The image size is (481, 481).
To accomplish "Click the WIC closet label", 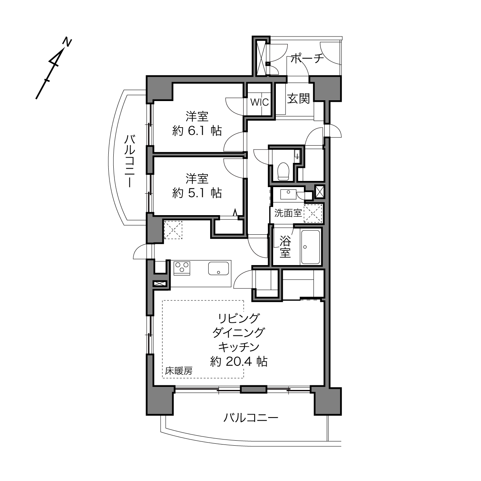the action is point(259,102).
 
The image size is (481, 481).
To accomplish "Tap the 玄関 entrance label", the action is point(299,99).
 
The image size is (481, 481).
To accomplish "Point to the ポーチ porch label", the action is point(307,58).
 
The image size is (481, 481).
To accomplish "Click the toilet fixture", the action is point(283,171).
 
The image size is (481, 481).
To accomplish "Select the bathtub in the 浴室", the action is point(310,247).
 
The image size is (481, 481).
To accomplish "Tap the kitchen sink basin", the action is point(219,268).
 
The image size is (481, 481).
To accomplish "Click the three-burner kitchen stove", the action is point(182,268).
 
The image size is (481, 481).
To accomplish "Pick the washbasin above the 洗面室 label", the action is point(288,194).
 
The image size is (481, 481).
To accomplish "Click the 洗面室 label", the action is point(288,213).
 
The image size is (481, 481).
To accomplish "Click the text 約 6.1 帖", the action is point(197,131).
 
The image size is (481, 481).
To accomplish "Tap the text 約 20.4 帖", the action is point(239,362).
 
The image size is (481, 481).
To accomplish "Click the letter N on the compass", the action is point(67,42).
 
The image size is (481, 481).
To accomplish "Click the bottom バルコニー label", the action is point(250,418).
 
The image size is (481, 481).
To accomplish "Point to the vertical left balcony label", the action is point(130,161).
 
